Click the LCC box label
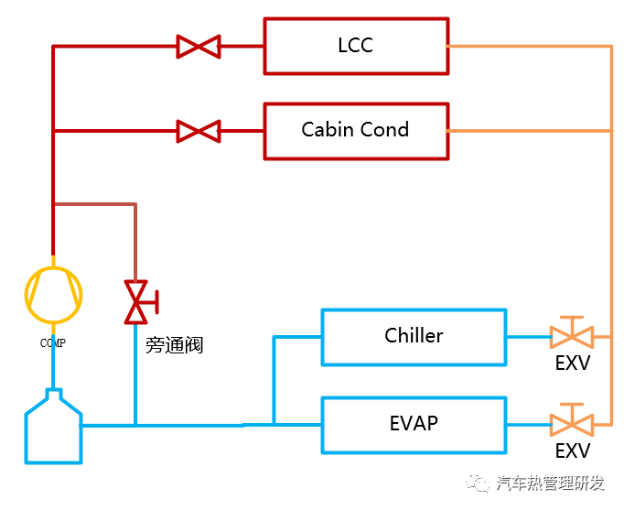[x=355, y=45]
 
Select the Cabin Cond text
[x=355, y=130]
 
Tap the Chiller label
[x=414, y=335]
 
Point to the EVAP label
[x=414, y=423]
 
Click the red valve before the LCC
[x=199, y=47]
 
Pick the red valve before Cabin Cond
[x=199, y=131]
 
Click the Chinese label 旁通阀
[x=175, y=345]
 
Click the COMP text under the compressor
[x=53, y=342]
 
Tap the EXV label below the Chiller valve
[x=573, y=363]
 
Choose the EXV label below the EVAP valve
[x=573, y=450]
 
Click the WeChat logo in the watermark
[x=478, y=483]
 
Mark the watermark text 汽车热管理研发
[x=551, y=483]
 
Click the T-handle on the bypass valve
[x=157, y=302]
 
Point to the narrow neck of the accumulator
[x=54, y=394]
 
